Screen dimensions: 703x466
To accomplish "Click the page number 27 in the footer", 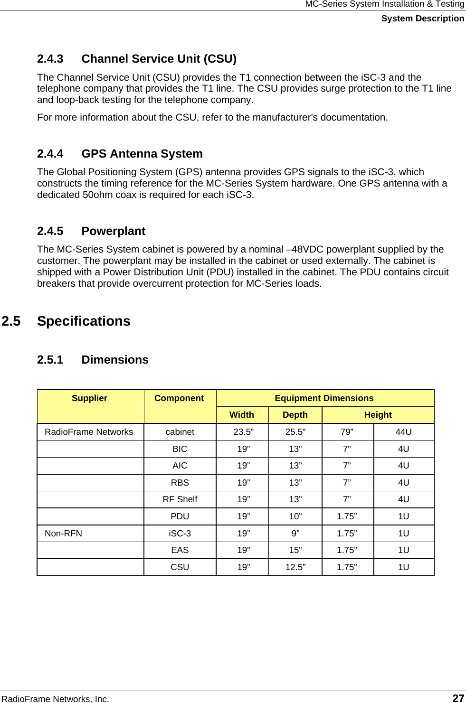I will tap(458, 698).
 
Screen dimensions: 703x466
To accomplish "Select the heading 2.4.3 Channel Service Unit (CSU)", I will tap(136, 59).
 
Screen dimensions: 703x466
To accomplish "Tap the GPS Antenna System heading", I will tap(120, 154).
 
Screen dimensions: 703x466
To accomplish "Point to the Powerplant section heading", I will tap(91, 231).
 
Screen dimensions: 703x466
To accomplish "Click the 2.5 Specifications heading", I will tap(66, 321).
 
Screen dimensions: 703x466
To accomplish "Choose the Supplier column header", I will tap(90, 398).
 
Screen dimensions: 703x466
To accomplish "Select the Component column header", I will tap(179, 398).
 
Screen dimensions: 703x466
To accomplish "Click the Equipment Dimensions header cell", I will tap(324, 398).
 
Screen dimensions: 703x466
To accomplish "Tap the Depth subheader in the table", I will tap(295, 415).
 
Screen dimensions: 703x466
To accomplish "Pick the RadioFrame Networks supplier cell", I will tap(89, 432).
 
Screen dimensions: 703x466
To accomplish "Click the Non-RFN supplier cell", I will tap(63, 534).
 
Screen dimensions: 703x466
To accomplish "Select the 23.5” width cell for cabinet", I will tap(243, 432).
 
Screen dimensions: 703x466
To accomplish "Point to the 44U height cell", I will tap(403, 432).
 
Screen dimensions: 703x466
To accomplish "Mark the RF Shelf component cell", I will tap(180, 499).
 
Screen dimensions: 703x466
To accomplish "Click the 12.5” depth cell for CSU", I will tap(295, 567).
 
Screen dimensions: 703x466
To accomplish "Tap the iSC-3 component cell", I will tap(180, 534).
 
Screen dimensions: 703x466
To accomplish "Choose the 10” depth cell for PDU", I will tap(295, 516).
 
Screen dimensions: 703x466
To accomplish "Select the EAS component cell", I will tap(180, 550).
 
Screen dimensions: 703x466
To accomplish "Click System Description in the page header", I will tap(422, 19).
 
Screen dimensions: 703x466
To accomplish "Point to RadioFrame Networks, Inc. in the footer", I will tap(55, 699).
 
